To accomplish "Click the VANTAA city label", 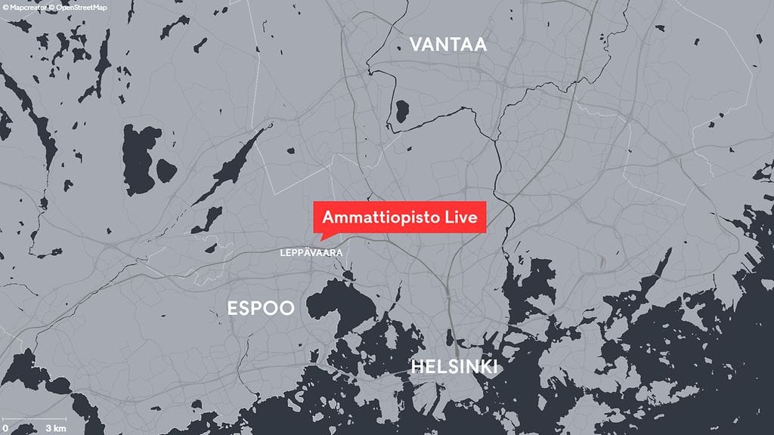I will (x=448, y=45).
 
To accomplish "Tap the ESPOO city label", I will (x=260, y=308).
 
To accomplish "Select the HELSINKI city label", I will (x=454, y=368).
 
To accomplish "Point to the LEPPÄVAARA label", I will (x=311, y=253).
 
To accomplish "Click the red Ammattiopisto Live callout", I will (x=399, y=217).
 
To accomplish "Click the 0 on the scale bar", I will (x=5, y=428).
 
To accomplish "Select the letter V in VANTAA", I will (x=415, y=45).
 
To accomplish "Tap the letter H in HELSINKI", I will (x=416, y=368).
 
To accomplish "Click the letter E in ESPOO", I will (x=232, y=308).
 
